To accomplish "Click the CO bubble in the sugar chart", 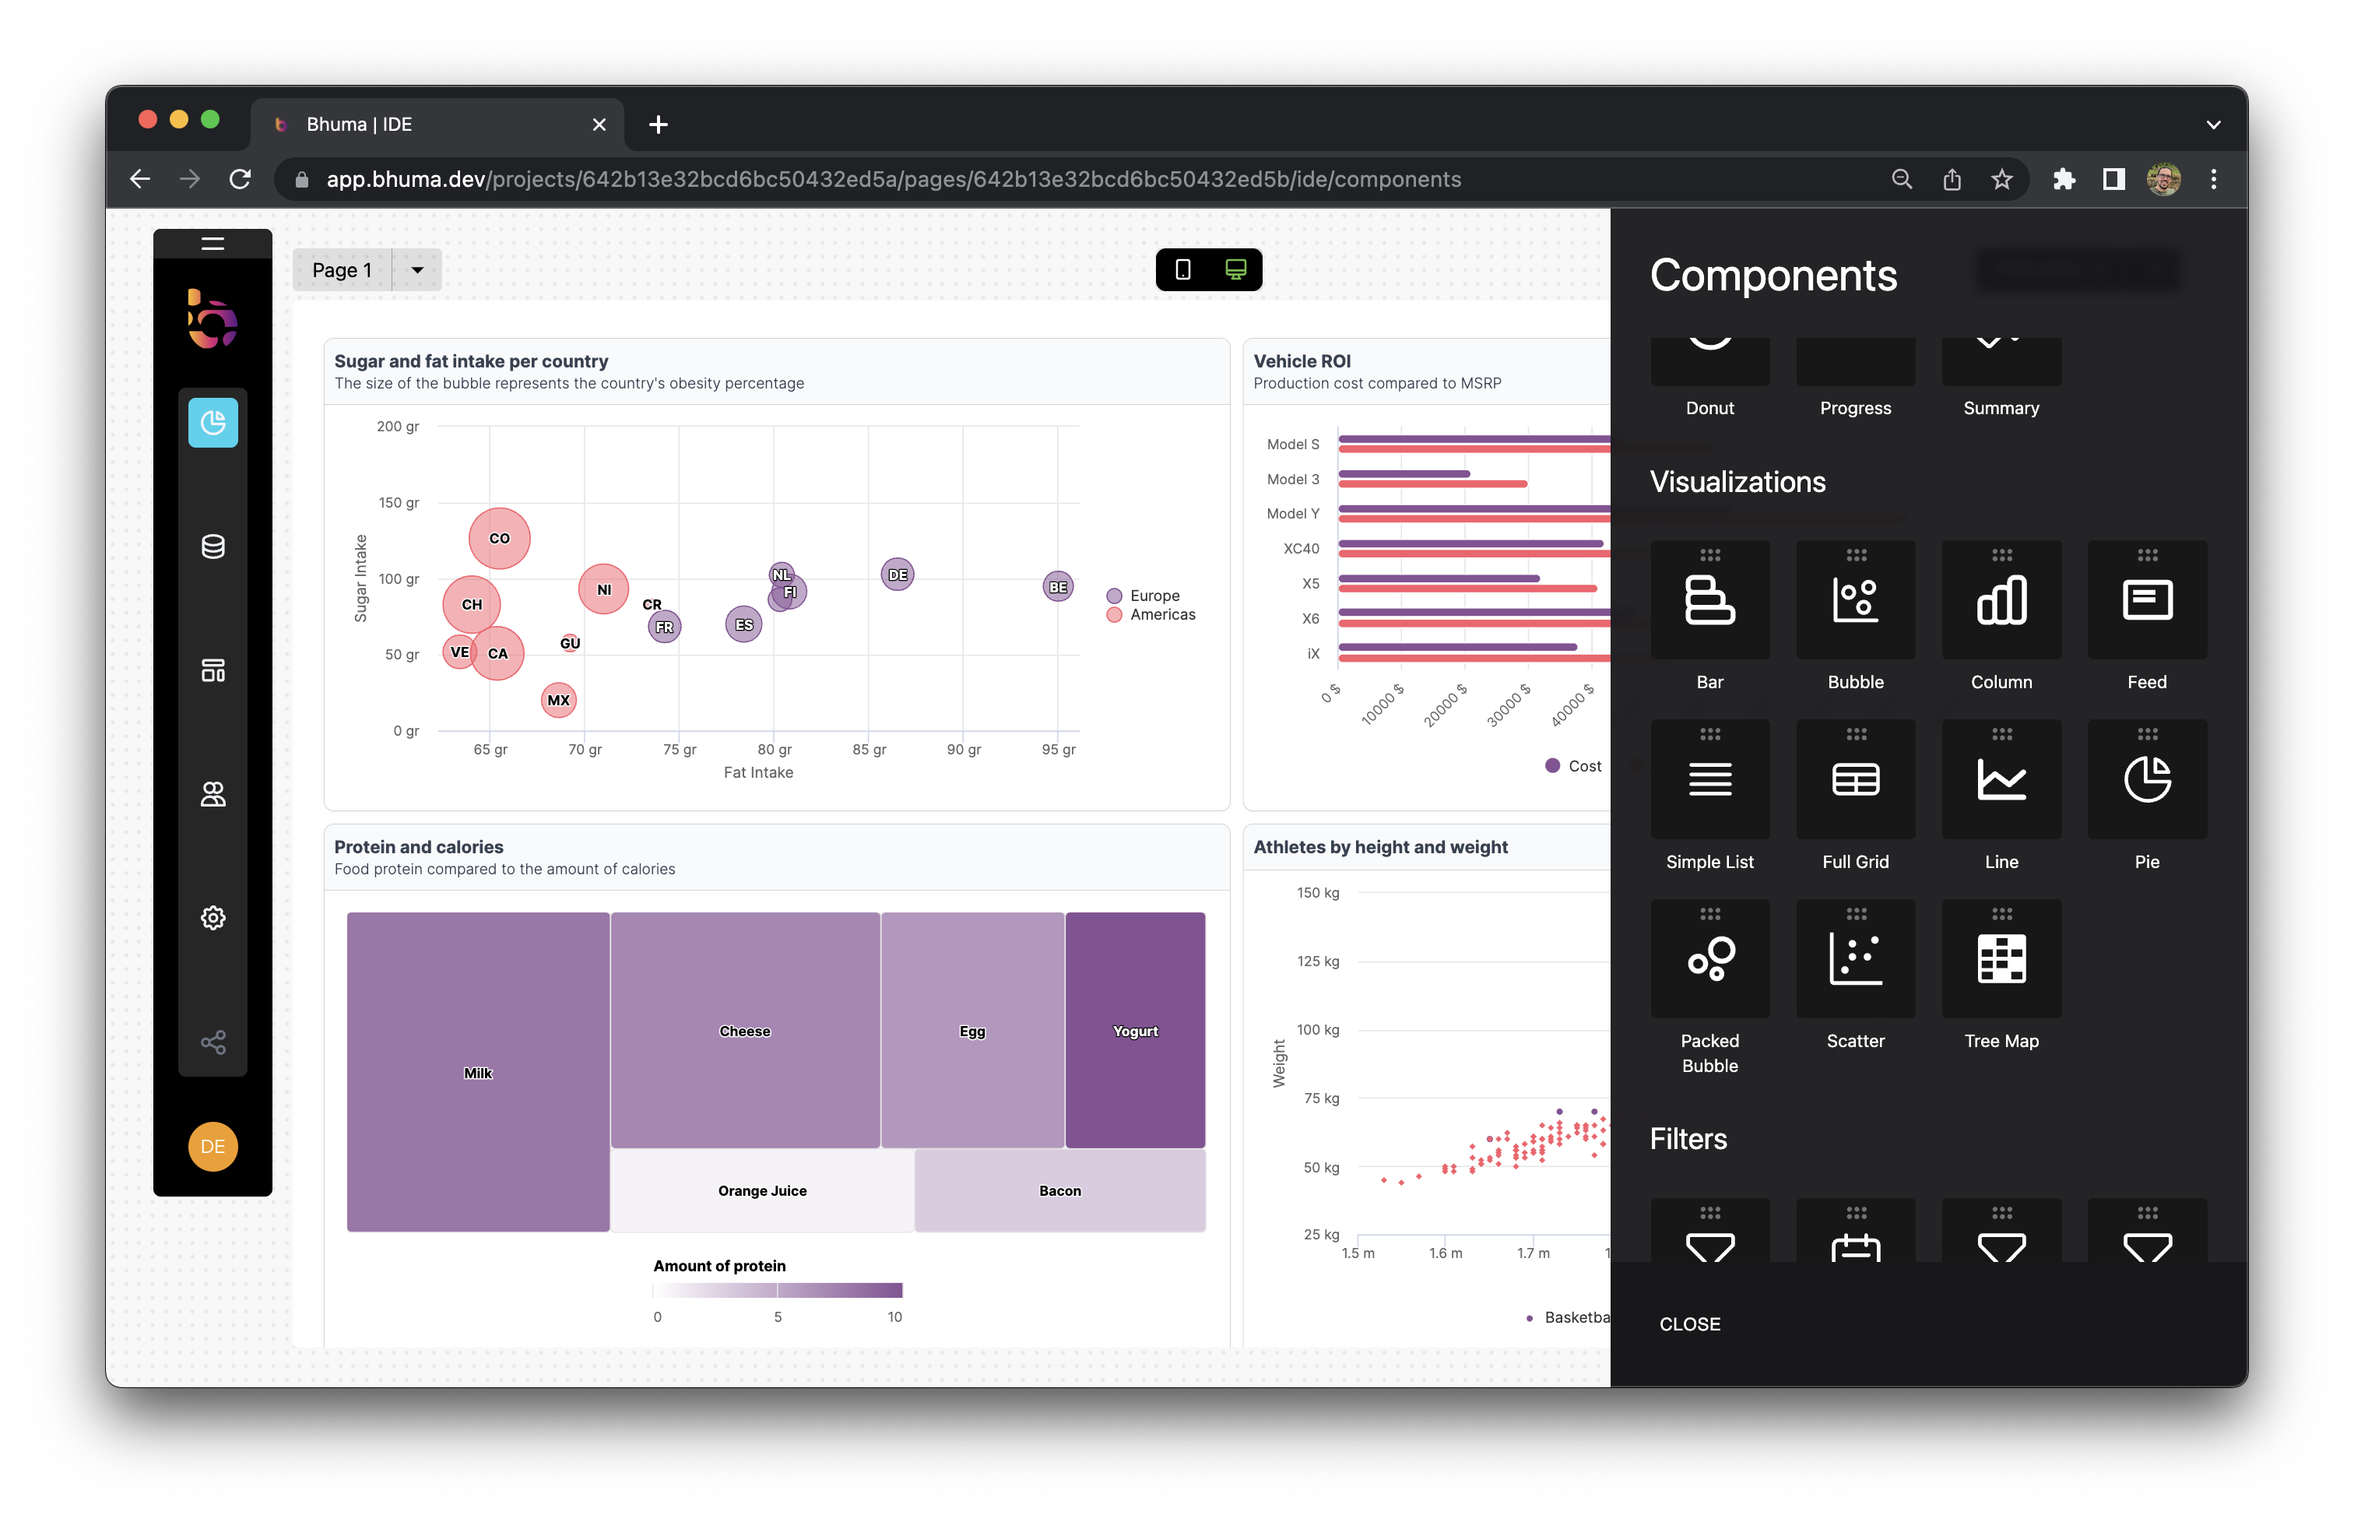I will pyautogui.click(x=500, y=538).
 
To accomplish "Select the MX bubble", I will pyautogui.click(x=559, y=700).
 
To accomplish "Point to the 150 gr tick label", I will pyautogui.click(x=399, y=502).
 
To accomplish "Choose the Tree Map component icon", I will pyautogui.click(x=2001, y=958).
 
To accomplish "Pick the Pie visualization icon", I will pyautogui.click(x=2146, y=779).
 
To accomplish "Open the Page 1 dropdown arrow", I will pyautogui.click(x=417, y=270).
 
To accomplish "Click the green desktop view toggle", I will pyautogui.click(x=1235, y=269).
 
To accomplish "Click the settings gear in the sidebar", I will pyautogui.click(x=213, y=918).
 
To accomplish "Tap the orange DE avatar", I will pyautogui.click(x=213, y=1146).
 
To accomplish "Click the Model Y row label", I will pyautogui.click(x=1293, y=513).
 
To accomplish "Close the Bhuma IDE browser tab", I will pyautogui.click(x=599, y=125).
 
